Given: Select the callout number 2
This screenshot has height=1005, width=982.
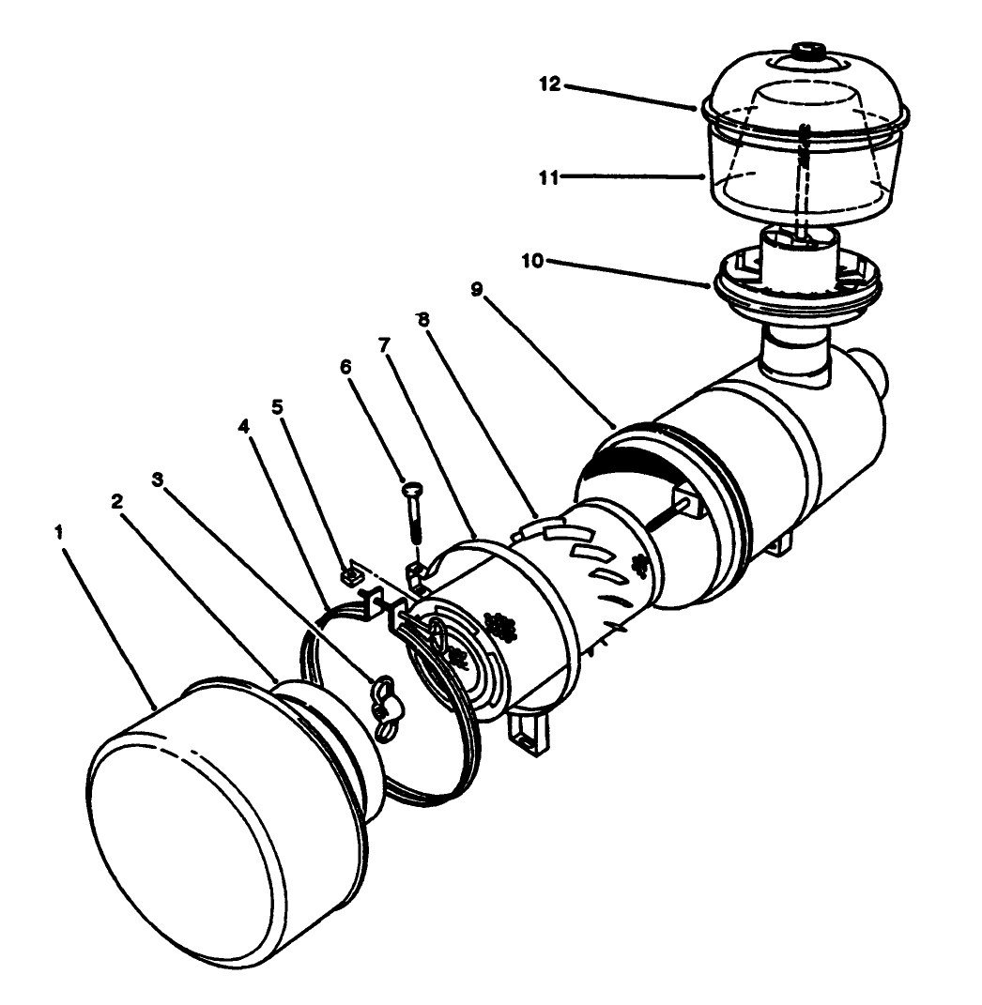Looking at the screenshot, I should (x=116, y=501).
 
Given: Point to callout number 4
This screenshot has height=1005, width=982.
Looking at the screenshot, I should (x=243, y=424).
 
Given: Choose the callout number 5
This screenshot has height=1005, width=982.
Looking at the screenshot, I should (x=277, y=407).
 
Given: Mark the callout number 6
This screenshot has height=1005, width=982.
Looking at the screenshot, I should (x=345, y=367).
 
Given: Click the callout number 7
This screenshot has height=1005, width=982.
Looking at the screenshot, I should (x=384, y=345).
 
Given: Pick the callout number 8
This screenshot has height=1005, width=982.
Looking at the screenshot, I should (x=423, y=319).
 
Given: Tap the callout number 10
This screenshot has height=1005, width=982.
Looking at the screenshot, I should (x=532, y=260).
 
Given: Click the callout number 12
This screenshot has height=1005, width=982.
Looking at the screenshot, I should (x=550, y=84).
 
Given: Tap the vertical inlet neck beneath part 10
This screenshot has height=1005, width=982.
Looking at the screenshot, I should (x=796, y=354).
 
